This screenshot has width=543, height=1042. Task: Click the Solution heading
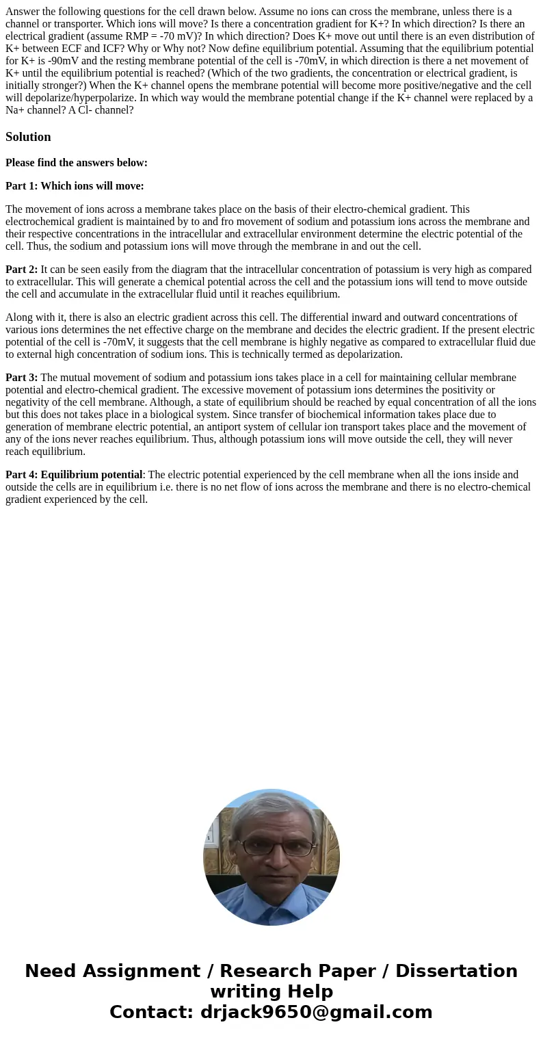point(28,137)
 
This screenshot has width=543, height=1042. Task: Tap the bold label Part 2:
point(22,270)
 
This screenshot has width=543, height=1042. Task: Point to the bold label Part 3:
point(22,378)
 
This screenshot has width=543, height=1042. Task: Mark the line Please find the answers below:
point(77,163)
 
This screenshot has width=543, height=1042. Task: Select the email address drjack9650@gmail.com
point(317,1013)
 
